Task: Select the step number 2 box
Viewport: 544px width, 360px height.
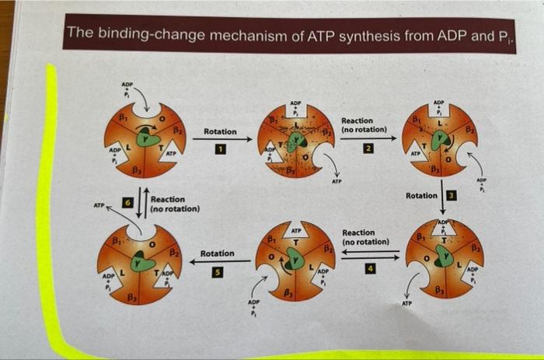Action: click(362, 149)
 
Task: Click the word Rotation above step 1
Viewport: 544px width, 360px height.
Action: click(220, 132)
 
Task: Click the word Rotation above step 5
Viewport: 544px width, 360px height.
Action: click(218, 254)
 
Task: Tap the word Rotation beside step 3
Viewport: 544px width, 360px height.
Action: click(422, 194)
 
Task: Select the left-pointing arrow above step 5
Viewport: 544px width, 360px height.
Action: click(218, 262)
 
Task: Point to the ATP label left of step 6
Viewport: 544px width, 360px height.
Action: click(99, 206)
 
